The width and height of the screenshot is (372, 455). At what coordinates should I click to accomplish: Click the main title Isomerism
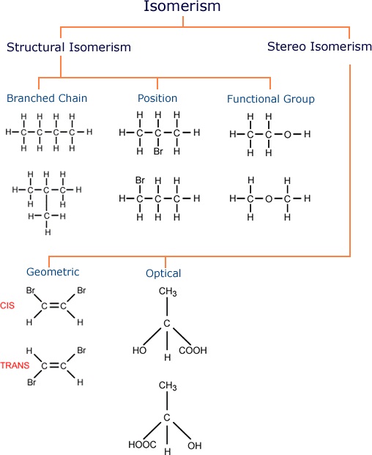(x=182, y=6)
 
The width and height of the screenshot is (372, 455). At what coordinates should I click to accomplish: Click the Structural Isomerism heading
(x=69, y=47)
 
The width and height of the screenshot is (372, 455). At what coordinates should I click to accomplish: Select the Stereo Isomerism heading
(x=319, y=46)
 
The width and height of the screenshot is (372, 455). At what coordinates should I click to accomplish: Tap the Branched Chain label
(x=47, y=98)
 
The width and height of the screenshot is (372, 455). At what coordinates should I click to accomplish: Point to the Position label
(x=157, y=98)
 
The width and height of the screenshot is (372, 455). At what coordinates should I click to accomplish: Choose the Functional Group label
(x=271, y=99)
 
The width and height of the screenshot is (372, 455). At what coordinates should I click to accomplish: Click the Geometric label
(x=53, y=272)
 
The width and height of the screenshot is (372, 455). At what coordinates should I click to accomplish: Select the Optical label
(x=163, y=273)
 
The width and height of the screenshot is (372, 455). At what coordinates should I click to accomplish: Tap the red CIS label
(x=7, y=306)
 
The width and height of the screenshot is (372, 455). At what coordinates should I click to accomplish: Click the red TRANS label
(x=15, y=365)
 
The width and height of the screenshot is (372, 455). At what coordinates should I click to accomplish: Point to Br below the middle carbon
(x=158, y=151)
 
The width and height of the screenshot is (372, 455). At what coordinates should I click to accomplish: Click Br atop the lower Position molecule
(x=140, y=180)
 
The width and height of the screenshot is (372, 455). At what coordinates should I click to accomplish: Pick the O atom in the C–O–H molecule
(x=287, y=134)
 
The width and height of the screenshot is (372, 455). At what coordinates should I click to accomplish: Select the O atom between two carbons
(x=269, y=199)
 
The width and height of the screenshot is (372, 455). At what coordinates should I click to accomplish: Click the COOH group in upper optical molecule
(x=193, y=350)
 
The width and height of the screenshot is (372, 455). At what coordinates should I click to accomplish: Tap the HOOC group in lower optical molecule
(x=142, y=444)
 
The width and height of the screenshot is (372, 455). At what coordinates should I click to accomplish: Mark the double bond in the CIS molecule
(x=53, y=306)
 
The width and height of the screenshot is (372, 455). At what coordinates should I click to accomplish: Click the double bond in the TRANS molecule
(x=53, y=366)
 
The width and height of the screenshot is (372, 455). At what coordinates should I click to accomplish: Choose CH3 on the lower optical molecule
(x=168, y=386)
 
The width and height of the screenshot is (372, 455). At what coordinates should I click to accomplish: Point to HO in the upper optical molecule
(x=139, y=350)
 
